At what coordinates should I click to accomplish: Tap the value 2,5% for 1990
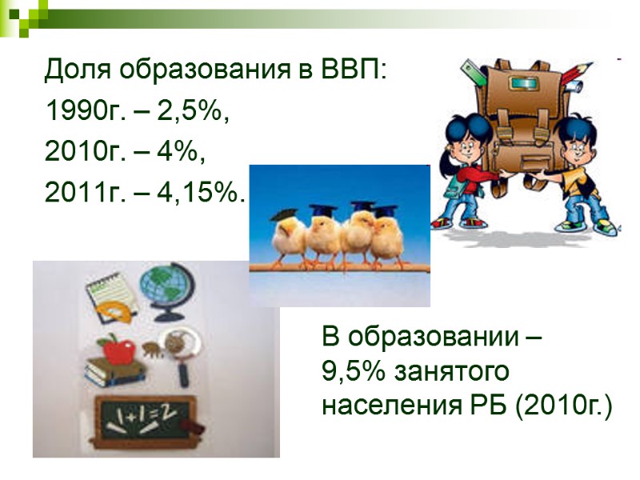tap(192, 113)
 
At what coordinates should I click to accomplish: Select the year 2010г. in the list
tap(78, 152)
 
